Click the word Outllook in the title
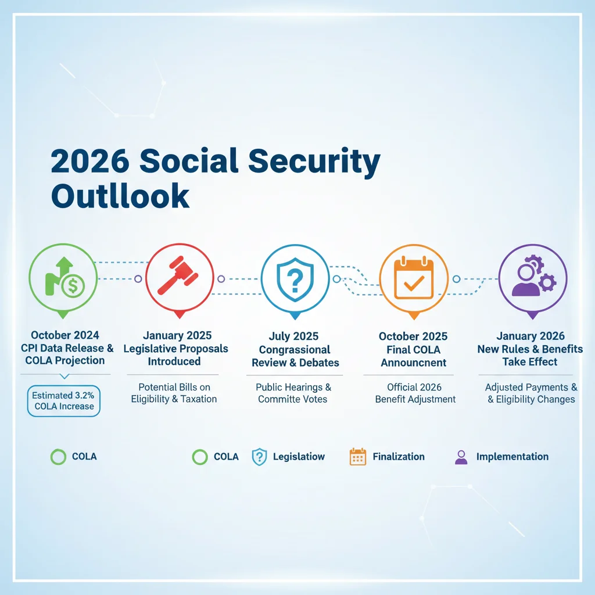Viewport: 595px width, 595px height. pos(120,196)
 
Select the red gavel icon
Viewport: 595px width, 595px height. pos(180,277)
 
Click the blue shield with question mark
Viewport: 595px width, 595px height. pos(295,278)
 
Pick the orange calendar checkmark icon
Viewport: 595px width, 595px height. pos(414,278)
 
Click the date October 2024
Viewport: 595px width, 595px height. pos(65,335)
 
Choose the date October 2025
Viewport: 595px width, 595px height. pos(413,336)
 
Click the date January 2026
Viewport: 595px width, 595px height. pos(531,336)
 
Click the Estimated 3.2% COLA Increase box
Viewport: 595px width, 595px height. pos(64,401)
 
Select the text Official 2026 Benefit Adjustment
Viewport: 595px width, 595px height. pos(415,393)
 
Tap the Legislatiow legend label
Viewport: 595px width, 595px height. pos(299,457)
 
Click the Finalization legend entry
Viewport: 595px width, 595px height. pos(399,457)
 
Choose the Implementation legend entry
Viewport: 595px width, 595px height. pos(512,457)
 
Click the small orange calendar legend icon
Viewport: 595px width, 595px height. pos(358,457)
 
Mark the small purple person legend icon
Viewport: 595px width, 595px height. pos(461,457)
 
